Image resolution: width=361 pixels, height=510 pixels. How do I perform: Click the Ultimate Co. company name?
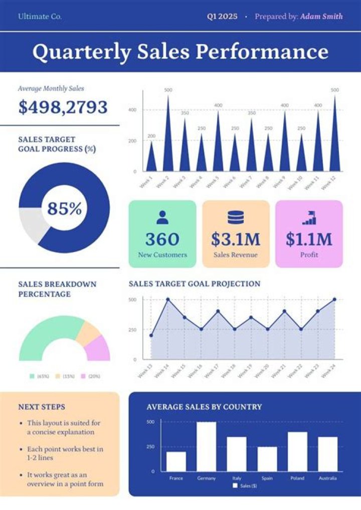tap(40, 17)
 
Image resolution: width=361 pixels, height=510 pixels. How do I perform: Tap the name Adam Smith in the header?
tap(321, 17)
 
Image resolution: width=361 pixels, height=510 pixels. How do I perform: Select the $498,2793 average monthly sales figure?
tap(63, 107)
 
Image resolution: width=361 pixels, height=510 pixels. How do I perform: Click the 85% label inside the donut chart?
tap(64, 208)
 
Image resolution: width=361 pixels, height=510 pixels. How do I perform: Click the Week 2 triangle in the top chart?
tap(168, 140)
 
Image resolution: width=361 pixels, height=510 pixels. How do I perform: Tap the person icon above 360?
tap(162, 217)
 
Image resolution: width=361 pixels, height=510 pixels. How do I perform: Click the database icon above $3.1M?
tap(236, 217)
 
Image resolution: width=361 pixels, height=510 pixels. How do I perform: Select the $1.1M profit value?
tap(309, 239)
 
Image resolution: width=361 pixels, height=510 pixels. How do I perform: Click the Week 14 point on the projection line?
tap(167, 300)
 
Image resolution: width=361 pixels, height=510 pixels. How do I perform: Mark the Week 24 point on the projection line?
tap(334, 300)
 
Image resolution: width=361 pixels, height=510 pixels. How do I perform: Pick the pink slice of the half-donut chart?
tap(99, 348)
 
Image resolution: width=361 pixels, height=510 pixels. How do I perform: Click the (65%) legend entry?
tap(40, 376)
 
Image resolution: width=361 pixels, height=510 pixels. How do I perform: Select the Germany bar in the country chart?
tap(206, 446)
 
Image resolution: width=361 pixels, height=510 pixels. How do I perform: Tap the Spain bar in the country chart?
tap(267, 458)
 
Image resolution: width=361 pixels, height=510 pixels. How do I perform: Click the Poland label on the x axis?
tap(297, 478)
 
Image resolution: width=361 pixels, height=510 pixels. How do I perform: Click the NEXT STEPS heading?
tap(42, 407)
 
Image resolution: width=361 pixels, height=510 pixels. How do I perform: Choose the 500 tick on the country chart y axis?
tap(150, 422)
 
